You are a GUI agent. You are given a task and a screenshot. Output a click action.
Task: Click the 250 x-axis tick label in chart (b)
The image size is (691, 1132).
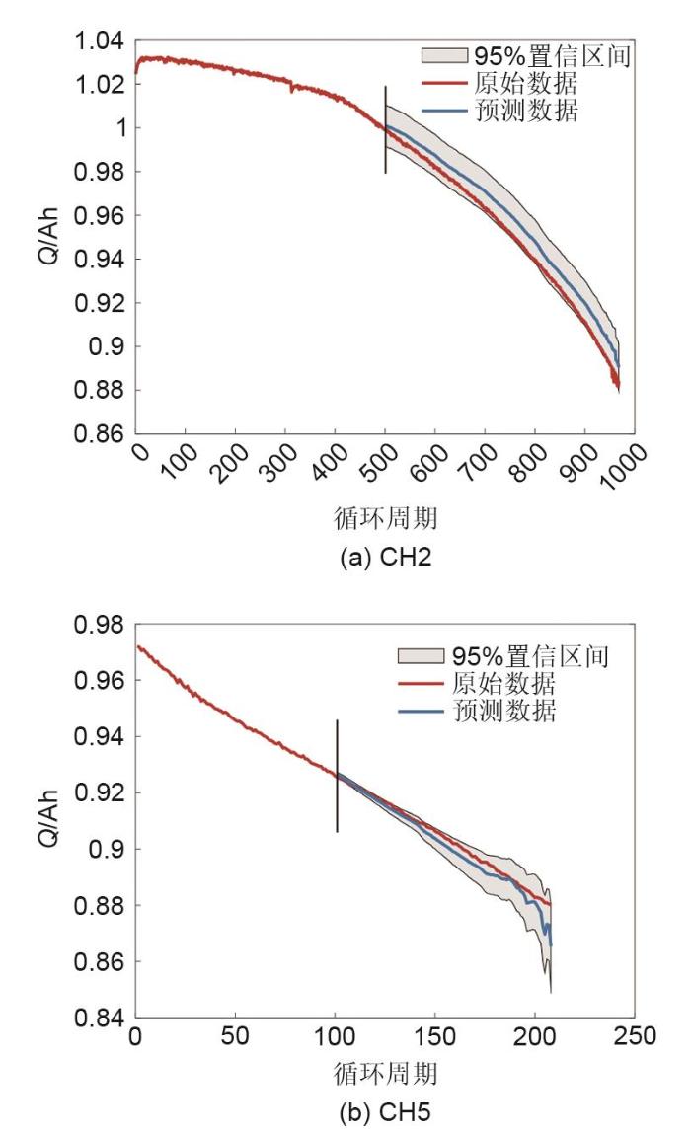coord(634,1037)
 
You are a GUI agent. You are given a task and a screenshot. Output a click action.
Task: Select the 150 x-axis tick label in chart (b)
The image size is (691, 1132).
coord(434,1037)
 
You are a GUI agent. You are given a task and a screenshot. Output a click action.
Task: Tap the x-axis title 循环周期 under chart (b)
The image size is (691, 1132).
coord(385,1072)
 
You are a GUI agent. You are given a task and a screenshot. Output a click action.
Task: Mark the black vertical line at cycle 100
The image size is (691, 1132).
coord(337,776)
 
